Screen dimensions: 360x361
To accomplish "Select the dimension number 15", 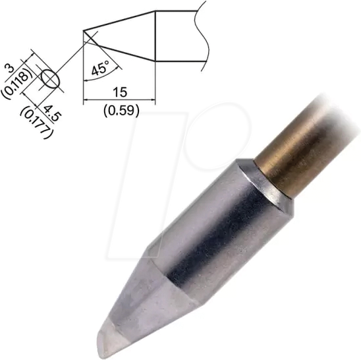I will coord(119,92).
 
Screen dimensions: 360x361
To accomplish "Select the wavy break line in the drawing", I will coord(204,36).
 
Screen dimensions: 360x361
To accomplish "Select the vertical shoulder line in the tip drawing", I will coord(155,36).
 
